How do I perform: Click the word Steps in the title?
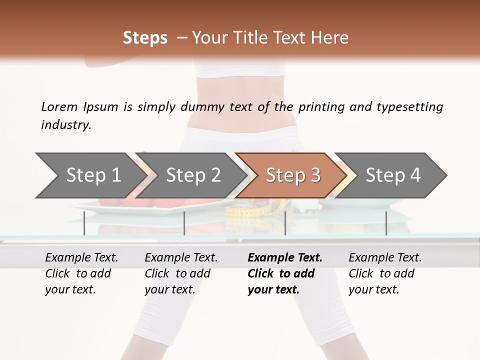pyautogui.click(x=145, y=38)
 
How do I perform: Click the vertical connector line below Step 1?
pyautogui.click(x=84, y=223)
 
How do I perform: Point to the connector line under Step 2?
pyautogui.click(x=184, y=223)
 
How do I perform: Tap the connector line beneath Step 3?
pyautogui.click(x=285, y=223)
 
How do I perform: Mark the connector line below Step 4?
pyautogui.click(x=386, y=223)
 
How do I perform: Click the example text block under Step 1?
pyautogui.click(x=81, y=273)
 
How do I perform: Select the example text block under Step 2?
pyautogui.click(x=181, y=273)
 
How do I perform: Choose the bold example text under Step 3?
pyautogui.click(x=285, y=273)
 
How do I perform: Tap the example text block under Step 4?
pyautogui.click(x=385, y=273)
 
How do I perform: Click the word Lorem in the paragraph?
pyautogui.click(x=59, y=107)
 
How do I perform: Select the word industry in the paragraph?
pyautogui.click(x=66, y=125)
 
